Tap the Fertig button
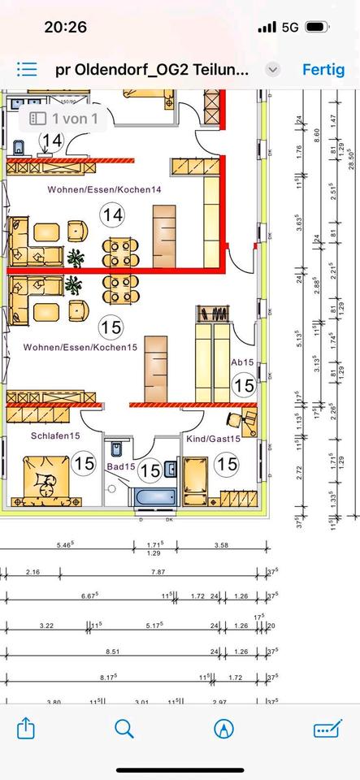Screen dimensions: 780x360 pyautogui.click(x=323, y=69)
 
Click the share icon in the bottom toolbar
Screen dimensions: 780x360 pyautogui.click(x=26, y=727)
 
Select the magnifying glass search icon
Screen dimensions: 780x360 pyautogui.click(x=124, y=727)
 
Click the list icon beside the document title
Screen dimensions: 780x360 pyautogui.click(x=27, y=69)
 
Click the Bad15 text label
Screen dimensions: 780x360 pyautogui.click(x=120, y=467)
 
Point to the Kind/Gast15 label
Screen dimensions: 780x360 pyautogui.click(x=212, y=439)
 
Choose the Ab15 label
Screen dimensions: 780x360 pyautogui.click(x=243, y=362)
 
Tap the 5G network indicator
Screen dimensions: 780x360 pyautogui.click(x=290, y=27)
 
